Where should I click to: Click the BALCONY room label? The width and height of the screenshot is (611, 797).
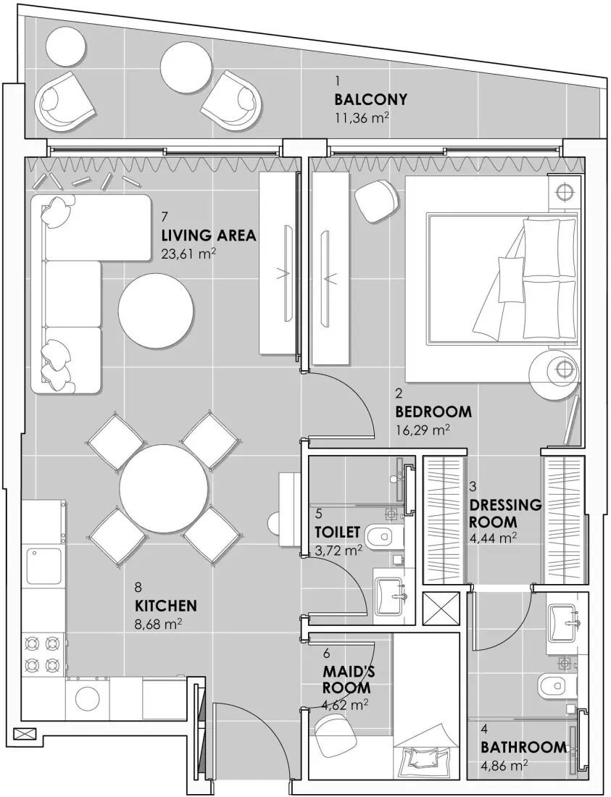pyautogui.click(x=370, y=99)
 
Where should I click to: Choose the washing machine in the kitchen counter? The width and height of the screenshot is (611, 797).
pyautogui.click(x=88, y=699)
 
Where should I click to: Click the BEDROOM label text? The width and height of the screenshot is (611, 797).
pyautogui.click(x=433, y=412)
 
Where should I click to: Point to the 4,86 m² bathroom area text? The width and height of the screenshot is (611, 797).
pyautogui.click(x=503, y=764)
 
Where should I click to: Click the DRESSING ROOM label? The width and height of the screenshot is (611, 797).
pyautogui.click(x=504, y=513)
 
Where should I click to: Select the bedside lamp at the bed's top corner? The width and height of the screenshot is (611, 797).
pyautogui.click(x=563, y=191)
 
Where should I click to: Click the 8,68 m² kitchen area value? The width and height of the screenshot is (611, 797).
pyautogui.click(x=158, y=622)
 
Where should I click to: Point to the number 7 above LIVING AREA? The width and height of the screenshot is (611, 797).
pyautogui.click(x=165, y=216)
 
